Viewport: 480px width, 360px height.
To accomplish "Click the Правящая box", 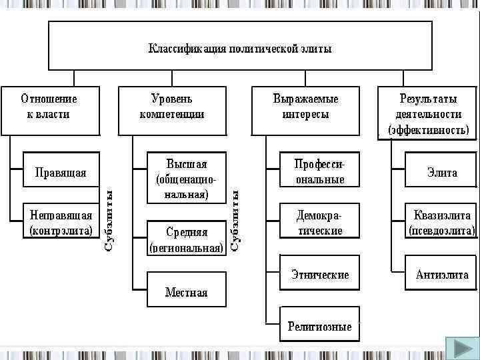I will tap(61, 173).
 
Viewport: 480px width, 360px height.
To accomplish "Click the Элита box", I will tap(441, 172).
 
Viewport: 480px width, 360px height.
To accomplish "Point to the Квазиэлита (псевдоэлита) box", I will tap(441, 223).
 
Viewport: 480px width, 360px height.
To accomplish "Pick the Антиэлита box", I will tap(441, 274).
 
